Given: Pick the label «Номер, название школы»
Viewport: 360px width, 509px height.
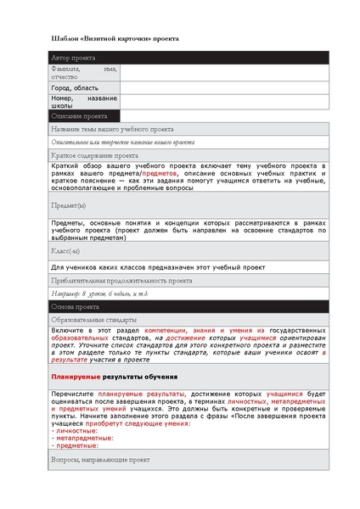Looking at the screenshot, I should point(83,102).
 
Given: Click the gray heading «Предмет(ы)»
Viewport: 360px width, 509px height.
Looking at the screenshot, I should point(68,205).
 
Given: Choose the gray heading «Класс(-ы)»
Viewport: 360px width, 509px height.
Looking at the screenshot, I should point(67,252).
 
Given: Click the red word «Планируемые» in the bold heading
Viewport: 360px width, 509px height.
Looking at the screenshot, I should point(76,377).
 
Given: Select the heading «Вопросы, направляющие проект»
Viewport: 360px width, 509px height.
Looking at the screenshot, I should point(100,459).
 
